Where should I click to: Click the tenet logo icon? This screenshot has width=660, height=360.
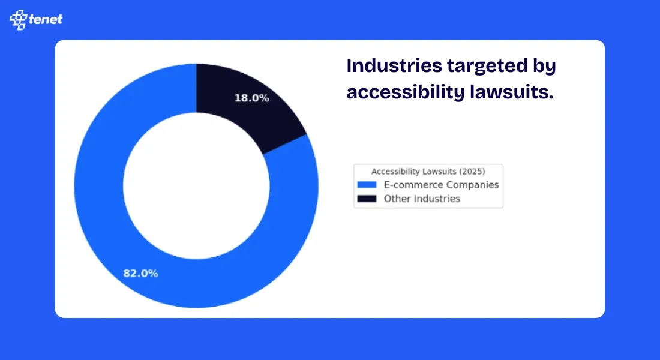[x=19, y=20]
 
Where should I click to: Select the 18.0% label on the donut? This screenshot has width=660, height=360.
[x=251, y=98]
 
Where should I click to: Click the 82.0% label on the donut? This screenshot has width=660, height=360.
[x=141, y=274]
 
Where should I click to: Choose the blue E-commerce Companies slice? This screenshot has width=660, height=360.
[x=120, y=240]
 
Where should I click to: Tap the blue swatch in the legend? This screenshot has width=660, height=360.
[x=366, y=185]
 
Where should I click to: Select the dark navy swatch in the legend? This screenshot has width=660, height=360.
[x=366, y=199]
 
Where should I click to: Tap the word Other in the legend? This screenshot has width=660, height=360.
[x=396, y=199]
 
